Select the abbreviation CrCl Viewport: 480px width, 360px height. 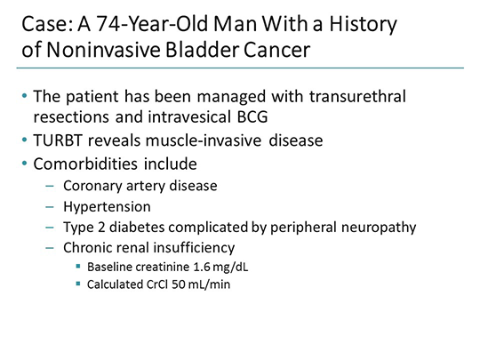pos(158,285)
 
